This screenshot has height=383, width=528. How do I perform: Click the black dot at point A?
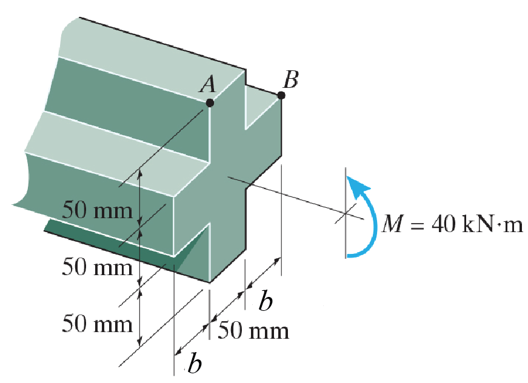210,103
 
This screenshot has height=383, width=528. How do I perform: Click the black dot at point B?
281,95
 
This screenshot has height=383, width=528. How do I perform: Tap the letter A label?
208,86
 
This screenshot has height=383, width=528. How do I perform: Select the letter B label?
291,79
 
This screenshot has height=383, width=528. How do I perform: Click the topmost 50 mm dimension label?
98,211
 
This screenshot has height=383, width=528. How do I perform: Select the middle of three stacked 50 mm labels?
97,267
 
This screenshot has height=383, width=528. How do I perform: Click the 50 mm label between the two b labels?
253,331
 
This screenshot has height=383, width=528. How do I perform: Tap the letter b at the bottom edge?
194,364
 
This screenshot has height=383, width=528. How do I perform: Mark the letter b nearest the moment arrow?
265,301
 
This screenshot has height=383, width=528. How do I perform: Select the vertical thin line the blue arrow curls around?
346,212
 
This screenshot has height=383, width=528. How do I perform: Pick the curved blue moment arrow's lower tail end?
348,255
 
